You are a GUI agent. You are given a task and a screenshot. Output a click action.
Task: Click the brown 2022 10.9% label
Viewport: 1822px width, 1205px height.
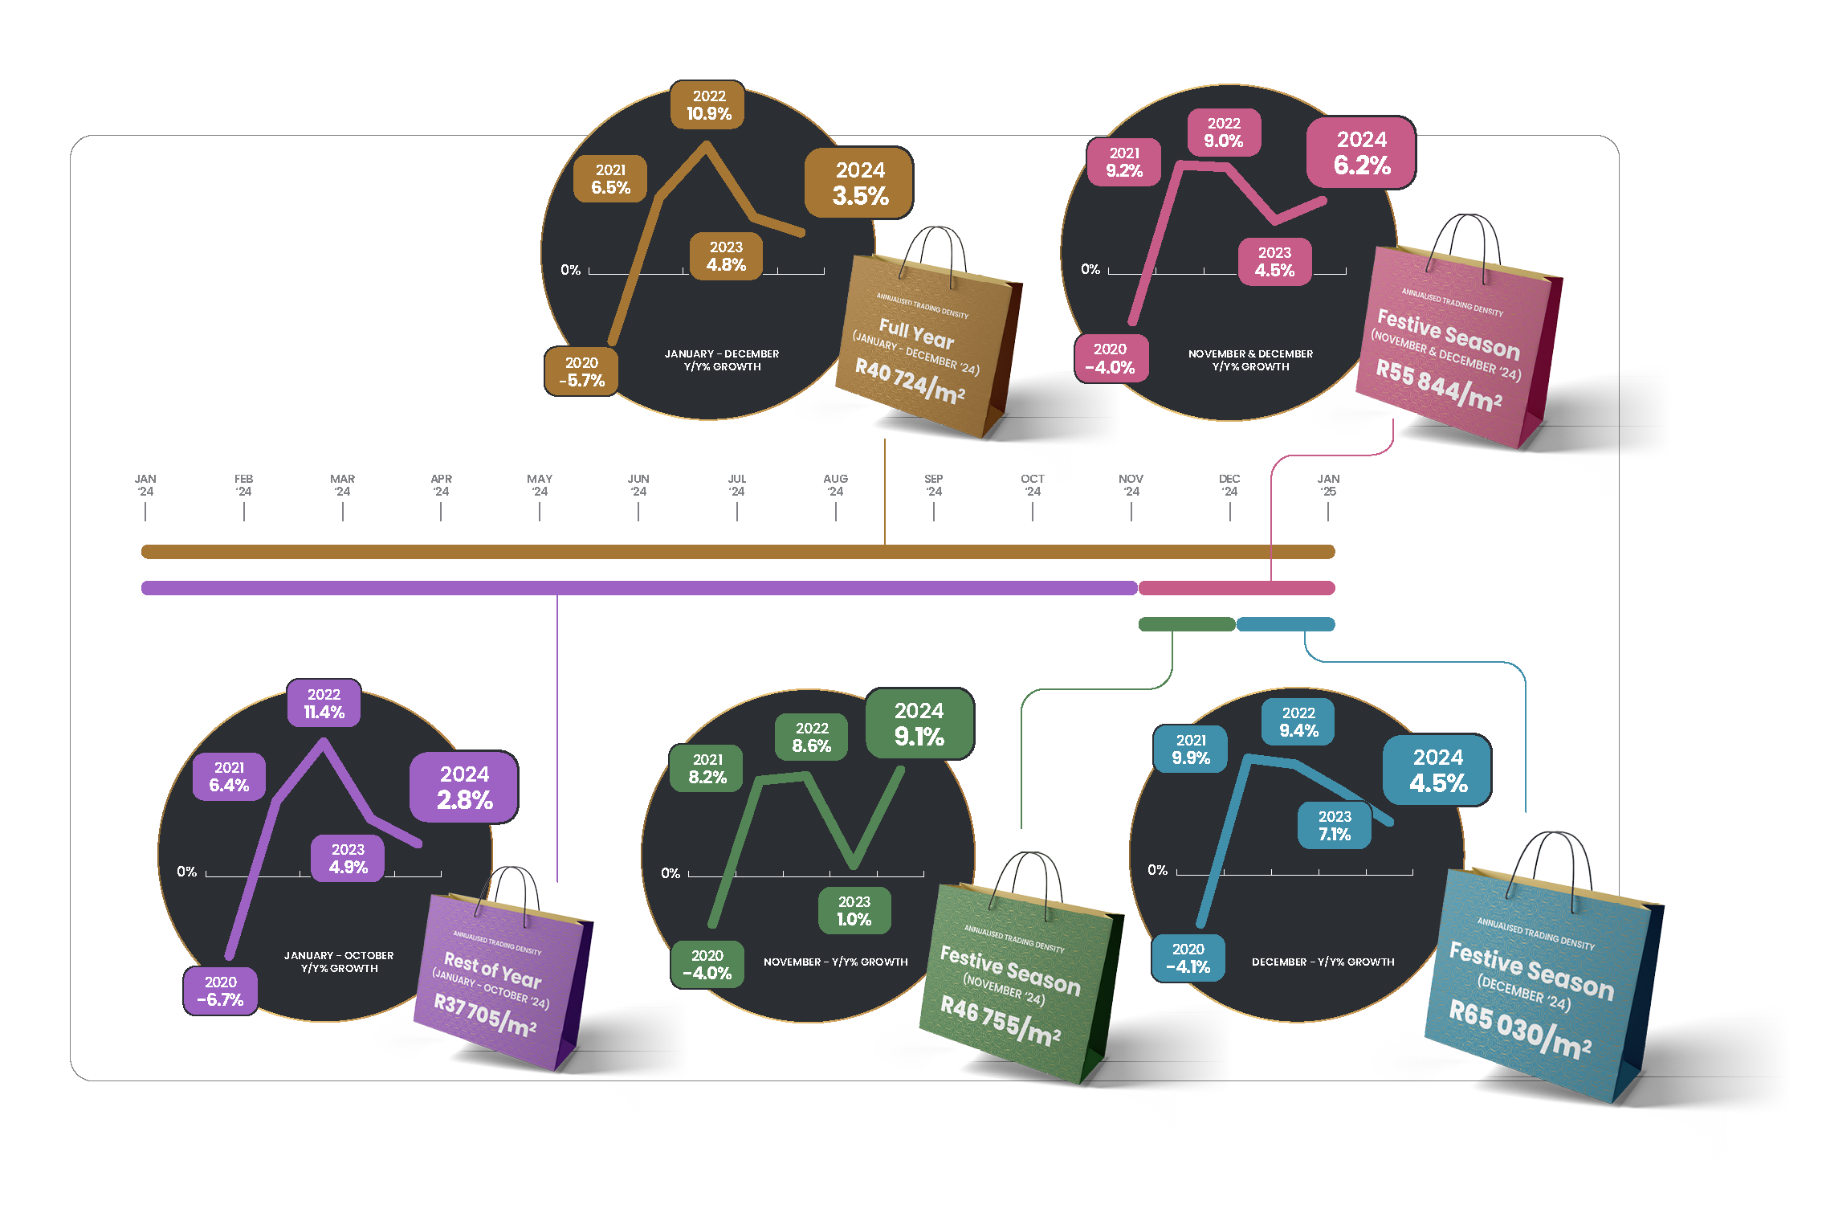(707, 105)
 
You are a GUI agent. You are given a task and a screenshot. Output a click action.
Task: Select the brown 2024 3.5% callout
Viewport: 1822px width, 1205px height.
(859, 183)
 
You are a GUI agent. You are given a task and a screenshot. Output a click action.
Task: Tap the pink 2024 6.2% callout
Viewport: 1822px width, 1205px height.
(1361, 153)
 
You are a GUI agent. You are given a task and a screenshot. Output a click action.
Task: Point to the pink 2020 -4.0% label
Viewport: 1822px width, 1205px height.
(1111, 358)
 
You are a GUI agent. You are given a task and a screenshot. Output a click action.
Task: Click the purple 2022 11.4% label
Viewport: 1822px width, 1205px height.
(324, 704)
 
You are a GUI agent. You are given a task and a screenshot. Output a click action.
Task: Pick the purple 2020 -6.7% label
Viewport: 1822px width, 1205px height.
(220, 991)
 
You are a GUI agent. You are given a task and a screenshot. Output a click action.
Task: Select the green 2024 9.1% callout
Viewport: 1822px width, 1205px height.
(919, 724)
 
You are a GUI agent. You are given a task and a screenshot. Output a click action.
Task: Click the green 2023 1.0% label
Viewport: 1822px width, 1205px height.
(854, 911)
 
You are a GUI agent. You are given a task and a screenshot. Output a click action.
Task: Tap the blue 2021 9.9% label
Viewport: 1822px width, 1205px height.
(1190, 749)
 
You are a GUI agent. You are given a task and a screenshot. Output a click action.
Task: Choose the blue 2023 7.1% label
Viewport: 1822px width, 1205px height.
(1334, 826)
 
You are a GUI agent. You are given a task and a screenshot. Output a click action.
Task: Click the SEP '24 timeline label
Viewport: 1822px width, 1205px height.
(933, 485)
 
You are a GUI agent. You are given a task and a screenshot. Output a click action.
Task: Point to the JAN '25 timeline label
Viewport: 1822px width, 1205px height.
(1328, 485)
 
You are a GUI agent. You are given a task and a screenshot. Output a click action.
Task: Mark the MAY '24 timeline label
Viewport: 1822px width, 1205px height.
(539, 485)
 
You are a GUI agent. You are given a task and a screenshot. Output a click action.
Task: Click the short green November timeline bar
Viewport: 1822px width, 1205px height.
(1186, 624)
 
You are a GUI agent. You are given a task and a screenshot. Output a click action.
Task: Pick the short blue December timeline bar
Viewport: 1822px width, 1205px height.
(1285, 624)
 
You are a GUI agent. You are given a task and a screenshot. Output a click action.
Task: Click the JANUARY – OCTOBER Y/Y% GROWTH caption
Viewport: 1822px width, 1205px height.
(339, 962)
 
